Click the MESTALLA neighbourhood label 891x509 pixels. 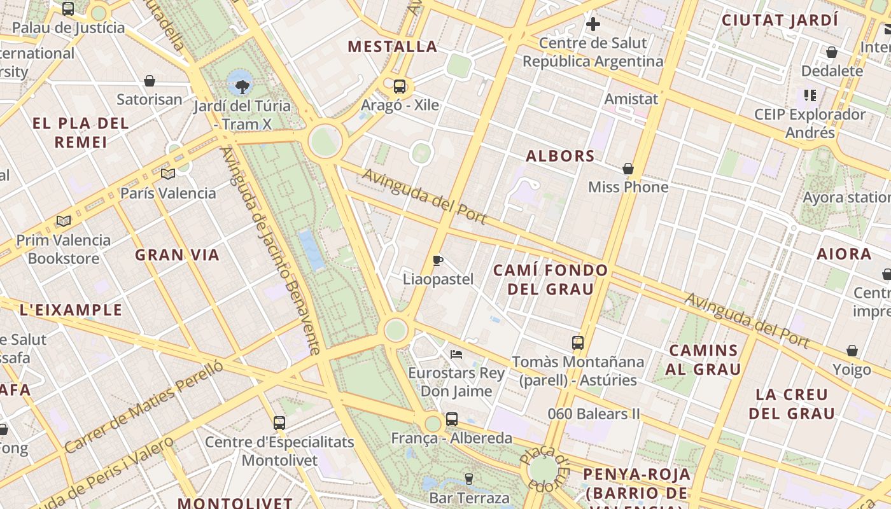393,46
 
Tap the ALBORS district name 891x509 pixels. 560,156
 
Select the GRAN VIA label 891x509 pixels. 177,255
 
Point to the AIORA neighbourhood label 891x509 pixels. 844,254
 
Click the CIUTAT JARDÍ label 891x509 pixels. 779,20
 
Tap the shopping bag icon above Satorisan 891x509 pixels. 150,81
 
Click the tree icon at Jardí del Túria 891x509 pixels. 241,87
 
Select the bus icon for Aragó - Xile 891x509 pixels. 400,87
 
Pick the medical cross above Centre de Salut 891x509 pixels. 593,25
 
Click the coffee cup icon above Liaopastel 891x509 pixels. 438,260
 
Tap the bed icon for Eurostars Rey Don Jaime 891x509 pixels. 456,354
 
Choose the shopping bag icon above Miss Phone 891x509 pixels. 628,169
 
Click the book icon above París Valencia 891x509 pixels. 168,174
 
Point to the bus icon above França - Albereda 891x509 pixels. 452,419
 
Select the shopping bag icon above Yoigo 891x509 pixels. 852,351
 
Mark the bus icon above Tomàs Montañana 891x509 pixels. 578,343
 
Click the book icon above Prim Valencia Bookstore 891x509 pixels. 63,221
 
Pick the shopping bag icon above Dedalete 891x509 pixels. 831,52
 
